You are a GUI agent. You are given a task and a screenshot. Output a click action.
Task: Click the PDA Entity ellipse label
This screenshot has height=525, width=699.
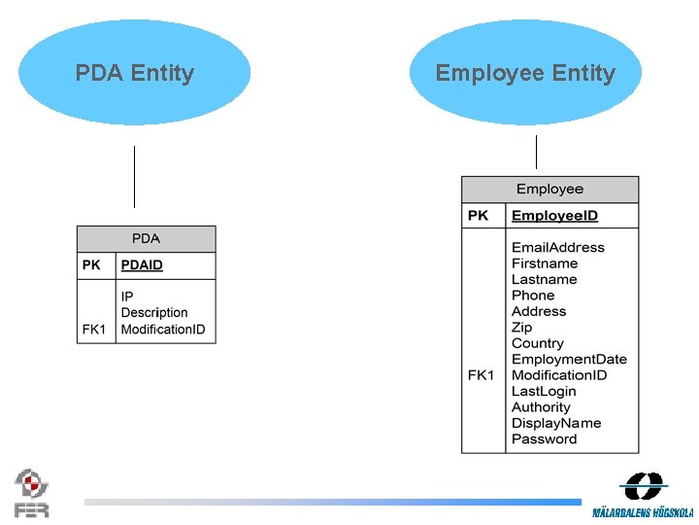[135, 73]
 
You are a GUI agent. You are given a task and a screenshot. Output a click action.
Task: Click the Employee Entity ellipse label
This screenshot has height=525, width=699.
[525, 73]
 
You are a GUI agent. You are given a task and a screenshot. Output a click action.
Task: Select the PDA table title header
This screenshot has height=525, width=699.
[146, 238]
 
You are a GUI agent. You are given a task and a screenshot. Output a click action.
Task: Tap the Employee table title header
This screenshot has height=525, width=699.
[549, 189]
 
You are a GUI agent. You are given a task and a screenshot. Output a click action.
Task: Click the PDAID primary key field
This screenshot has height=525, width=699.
[142, 265]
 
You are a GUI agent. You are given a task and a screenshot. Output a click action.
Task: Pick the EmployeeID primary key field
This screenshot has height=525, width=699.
[554, 216]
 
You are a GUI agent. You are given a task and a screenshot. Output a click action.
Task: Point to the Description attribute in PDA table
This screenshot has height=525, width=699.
[154, 312]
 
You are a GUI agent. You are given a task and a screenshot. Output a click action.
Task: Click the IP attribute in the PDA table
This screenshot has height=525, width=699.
[127, 296]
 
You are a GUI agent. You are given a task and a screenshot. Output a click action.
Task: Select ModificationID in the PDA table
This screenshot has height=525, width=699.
[163, 330]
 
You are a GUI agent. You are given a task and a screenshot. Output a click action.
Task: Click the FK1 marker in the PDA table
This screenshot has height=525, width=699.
[94, 330]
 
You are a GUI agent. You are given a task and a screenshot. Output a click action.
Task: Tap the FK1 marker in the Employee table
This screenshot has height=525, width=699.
[481, 375]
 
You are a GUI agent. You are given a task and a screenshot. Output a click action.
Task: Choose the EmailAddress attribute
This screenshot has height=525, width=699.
[557, 248]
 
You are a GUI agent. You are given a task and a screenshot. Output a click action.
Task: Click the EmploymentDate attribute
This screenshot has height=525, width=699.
[569, 359]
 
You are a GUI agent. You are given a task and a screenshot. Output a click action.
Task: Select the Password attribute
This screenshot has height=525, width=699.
[544, 438]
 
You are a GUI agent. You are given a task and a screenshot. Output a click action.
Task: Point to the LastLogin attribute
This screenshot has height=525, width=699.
[545, 391]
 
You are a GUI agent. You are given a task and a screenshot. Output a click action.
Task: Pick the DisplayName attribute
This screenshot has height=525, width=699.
[556, 423]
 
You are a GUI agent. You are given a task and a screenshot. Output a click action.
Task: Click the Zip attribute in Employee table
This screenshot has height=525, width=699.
[521, 328]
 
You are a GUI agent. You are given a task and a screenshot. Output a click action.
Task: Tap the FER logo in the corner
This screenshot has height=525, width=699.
[31, 492]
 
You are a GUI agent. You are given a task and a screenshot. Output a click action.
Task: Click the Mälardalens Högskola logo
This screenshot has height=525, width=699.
[643, 494]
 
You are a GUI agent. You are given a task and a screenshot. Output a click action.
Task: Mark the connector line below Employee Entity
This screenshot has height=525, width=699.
[536, 152]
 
